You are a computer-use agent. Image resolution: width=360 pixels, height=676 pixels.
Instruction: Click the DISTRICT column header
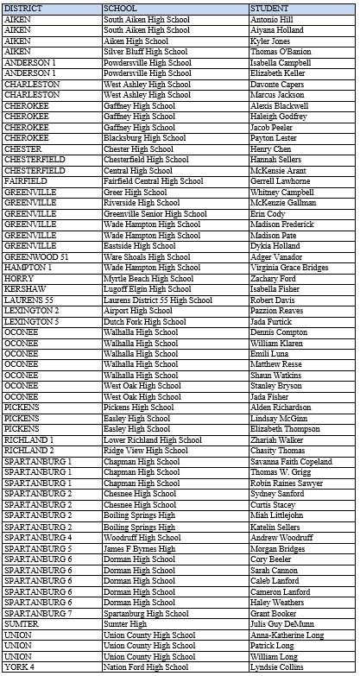(x=22, y=8)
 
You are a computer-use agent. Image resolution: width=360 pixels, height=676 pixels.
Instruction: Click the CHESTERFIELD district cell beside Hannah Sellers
(x=31, y=160)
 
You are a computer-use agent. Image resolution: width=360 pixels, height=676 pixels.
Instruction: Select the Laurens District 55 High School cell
(x=158, y=300)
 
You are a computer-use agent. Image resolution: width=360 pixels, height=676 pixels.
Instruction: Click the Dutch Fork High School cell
(x=145, y=321)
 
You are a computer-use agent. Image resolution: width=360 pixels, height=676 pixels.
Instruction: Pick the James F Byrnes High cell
(x=140, y=548)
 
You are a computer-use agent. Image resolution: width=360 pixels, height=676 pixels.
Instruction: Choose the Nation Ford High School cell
(x=147, y=667)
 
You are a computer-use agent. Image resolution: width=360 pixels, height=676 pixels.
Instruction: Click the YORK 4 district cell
(x=19, y=667)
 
